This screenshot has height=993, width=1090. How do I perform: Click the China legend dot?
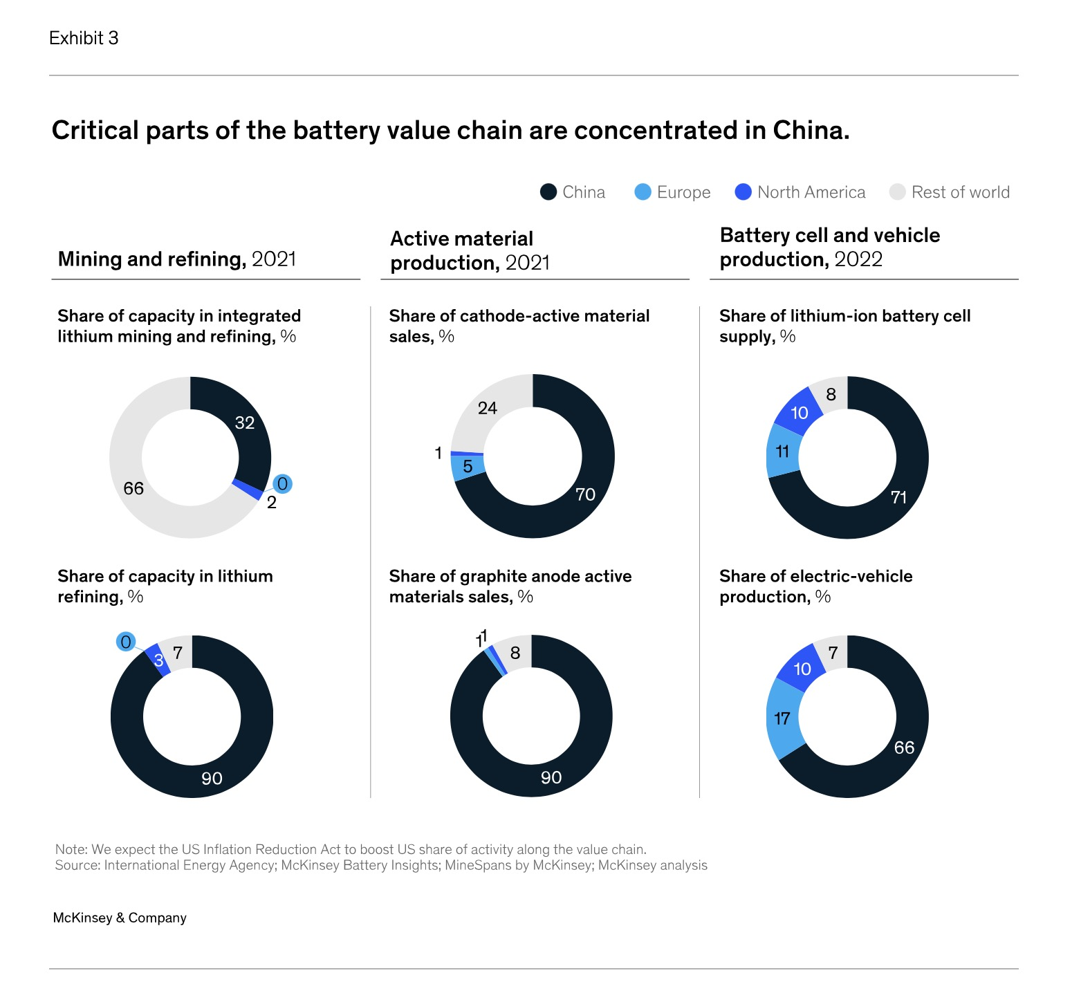coord(548,192)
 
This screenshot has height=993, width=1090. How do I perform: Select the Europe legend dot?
coord(643,192)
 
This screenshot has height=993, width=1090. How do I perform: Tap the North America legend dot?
coord(743,192)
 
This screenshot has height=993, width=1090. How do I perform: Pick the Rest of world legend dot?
coord(897,192)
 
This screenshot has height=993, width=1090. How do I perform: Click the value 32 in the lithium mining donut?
coord(245,423)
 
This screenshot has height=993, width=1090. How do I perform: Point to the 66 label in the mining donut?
coord(133,488)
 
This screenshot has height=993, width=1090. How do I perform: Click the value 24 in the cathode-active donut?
coord(488,408)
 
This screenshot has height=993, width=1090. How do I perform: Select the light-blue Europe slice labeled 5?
coord(468,467)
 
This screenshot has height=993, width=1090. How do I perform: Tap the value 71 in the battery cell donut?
coord(898,497)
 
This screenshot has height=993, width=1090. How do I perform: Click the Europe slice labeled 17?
coord(783,718)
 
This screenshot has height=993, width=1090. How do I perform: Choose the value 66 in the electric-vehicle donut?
coord(904,748)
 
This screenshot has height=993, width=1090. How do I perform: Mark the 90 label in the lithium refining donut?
coord(212,779)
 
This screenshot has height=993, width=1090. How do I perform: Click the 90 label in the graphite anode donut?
coord(551,778)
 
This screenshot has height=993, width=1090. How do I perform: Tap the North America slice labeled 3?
coord(158,660)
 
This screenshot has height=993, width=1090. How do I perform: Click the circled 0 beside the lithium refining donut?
coord(126,642)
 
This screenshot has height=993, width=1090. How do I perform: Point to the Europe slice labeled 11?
coord(782,452)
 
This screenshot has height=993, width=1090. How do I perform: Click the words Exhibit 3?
coord(84,38)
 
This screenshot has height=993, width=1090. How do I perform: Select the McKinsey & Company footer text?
coord(120,918)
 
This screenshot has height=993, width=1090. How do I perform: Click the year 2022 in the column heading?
coord(858,259)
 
